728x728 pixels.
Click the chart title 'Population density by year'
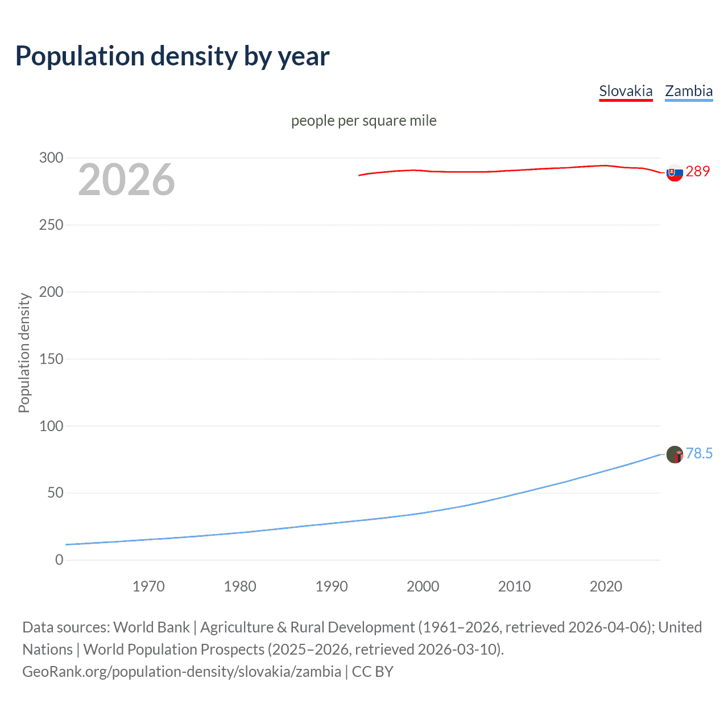pos(172,56)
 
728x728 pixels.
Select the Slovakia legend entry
pos(626,91)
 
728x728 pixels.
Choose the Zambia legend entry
pos(689,91)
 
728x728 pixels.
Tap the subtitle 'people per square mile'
pos(363,121)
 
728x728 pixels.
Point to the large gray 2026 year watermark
pos(126,180)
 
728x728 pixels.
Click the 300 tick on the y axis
pos(51,158)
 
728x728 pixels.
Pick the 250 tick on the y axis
pos(51,225)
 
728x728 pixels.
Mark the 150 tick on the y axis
pos(51,359)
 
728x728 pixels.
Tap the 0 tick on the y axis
pos(59,560)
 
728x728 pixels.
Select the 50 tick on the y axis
pos(55,493)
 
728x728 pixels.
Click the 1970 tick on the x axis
pos(148,586)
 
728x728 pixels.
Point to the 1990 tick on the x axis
pos(332,586)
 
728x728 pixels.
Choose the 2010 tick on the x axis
pos(514,586)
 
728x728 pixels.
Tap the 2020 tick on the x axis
pos(606,586)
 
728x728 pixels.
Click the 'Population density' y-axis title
pos(24,353)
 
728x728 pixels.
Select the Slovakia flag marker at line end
pos(675,173)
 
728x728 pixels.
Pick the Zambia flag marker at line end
pos(675,454)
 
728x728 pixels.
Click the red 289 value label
pos(698,171)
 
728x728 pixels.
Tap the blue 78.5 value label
pos(699,453)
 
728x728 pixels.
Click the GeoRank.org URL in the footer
pos(181,672)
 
